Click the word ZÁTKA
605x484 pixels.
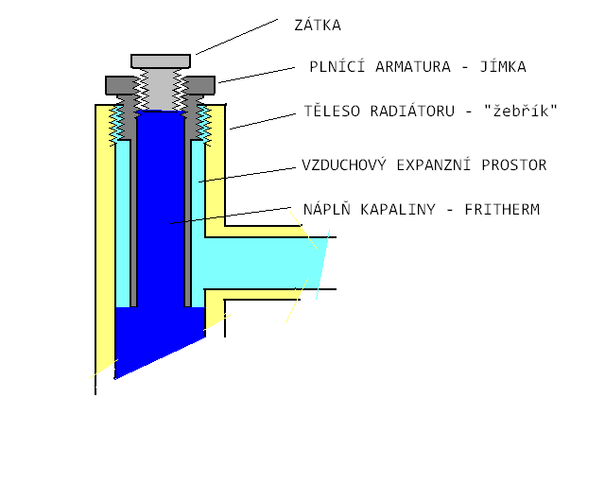(318, 26)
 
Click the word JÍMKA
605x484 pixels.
(501, 67)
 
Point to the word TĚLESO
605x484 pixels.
(331, 111)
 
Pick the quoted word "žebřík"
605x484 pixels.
(521, 111)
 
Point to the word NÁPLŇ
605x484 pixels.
(325, 209)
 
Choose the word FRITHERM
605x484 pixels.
(502, 209)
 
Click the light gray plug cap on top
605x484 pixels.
(161, 60)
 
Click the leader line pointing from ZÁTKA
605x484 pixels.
(236, 36)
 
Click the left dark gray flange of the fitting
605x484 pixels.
(119, 85)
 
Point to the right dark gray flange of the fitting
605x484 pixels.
(201, 85)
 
